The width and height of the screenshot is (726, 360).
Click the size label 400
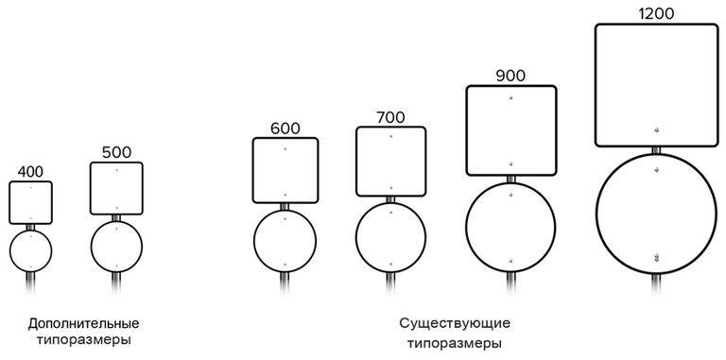[x=30, y=172]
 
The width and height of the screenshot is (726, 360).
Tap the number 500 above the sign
[x=116, y=153]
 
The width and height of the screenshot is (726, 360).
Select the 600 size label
[x=285, y=129]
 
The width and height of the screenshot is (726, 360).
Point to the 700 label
[x=390, y=117]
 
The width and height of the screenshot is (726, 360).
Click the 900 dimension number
[x=510, y=76]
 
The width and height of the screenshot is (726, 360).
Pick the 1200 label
[x=656, y=14]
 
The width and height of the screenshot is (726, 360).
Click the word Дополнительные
[x=83, y=323]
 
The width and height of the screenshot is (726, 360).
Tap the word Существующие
[x=455, y=322]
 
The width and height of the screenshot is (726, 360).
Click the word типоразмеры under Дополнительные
[x=83, y=341]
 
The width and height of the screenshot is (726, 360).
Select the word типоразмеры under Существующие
[x=455, y=344]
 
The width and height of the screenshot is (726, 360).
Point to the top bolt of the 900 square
[x=511, y=97]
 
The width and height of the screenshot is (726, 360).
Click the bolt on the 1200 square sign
[x=656, y=130]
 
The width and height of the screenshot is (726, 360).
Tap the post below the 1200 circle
[x=656, y=285]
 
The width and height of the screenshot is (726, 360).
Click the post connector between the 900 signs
[x=511, y=180]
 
